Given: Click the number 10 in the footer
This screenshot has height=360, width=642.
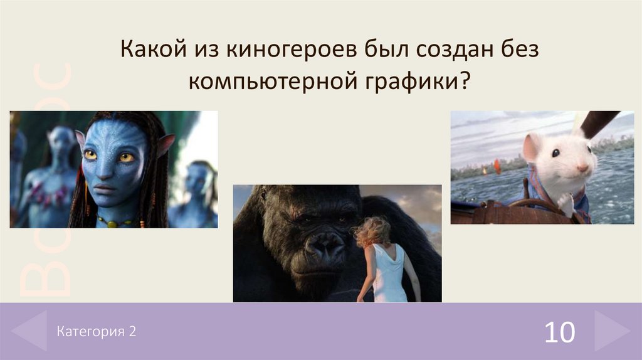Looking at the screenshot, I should (x=559, y=332).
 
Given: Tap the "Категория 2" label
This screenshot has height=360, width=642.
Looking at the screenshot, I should (x=96, y=331).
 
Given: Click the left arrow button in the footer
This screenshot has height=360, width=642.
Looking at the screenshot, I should (x=29, y=331).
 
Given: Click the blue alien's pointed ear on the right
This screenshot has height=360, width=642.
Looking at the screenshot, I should (x=164, y=146).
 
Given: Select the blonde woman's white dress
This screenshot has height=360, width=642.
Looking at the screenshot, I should (x=388, y=276).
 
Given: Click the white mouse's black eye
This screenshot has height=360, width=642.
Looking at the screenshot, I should (x=555, y=152).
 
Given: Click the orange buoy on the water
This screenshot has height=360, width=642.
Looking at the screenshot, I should (x=497, y=166).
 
